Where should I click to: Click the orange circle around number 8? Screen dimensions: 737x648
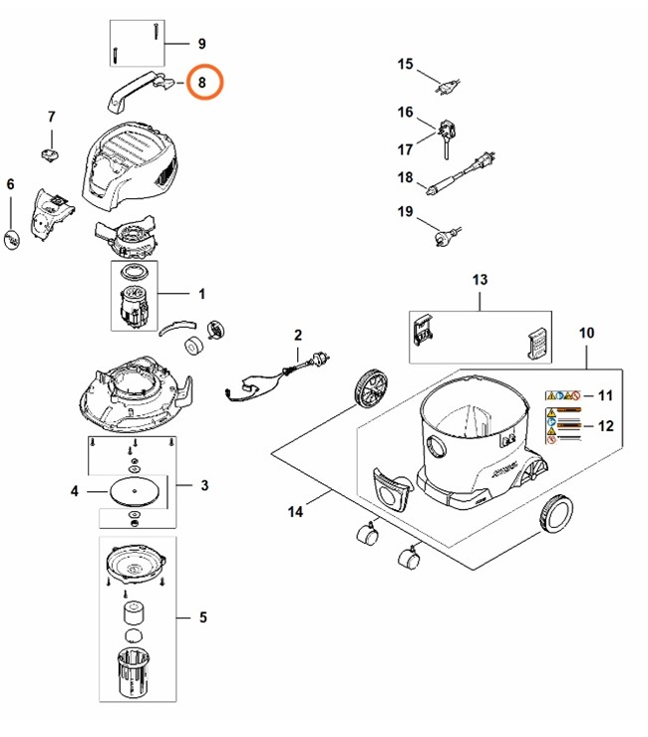tap(202, 83)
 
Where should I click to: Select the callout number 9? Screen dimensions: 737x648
tap(201, 44)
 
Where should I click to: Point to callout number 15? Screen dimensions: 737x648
tap(405, 65)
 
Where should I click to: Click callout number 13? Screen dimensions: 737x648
tap(480, 281)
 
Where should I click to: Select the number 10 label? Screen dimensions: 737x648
tap(586, 331)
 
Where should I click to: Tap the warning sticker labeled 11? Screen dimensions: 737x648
tap(564, 396)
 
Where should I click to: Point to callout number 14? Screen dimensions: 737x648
tap(294, 512)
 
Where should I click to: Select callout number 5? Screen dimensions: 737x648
tap(202, 618)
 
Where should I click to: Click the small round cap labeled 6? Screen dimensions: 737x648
tap(12, 240)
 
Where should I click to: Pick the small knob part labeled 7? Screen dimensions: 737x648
tap(51, 152)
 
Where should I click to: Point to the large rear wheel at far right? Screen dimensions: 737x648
tap(555, 512)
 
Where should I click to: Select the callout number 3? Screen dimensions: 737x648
tap(203, 486)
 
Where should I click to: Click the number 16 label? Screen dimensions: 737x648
tap(405, 112)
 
